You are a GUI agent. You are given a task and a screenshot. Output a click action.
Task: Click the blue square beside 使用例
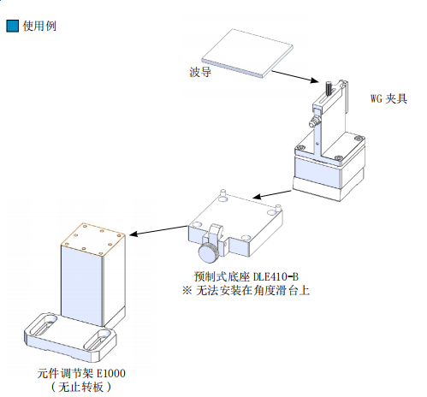13,26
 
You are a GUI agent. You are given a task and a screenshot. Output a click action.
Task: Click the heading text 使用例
39,26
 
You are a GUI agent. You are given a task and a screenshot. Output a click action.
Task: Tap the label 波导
200,72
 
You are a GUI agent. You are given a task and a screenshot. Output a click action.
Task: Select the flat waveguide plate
247,53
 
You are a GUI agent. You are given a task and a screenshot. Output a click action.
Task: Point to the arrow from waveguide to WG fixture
294,76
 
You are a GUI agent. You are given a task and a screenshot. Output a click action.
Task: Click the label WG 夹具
388,98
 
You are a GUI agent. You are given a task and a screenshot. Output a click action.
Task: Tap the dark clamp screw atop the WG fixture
329,88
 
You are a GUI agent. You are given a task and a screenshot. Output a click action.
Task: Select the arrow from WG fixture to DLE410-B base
272,194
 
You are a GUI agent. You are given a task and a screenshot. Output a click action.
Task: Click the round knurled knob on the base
209,252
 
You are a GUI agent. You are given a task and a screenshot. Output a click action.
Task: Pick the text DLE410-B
276,276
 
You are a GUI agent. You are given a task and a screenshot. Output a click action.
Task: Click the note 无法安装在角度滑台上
252,291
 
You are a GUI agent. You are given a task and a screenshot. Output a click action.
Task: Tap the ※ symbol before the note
187,291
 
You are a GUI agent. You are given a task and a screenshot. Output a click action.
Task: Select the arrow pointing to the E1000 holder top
158,231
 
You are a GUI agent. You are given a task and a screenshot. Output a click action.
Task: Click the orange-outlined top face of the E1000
93,239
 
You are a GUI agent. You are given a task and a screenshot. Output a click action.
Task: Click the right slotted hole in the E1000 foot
97,341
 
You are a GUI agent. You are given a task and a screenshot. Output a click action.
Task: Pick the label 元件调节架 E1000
81,373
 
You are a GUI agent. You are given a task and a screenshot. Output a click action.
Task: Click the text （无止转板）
81,387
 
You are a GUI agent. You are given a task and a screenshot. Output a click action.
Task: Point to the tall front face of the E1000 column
81,285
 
